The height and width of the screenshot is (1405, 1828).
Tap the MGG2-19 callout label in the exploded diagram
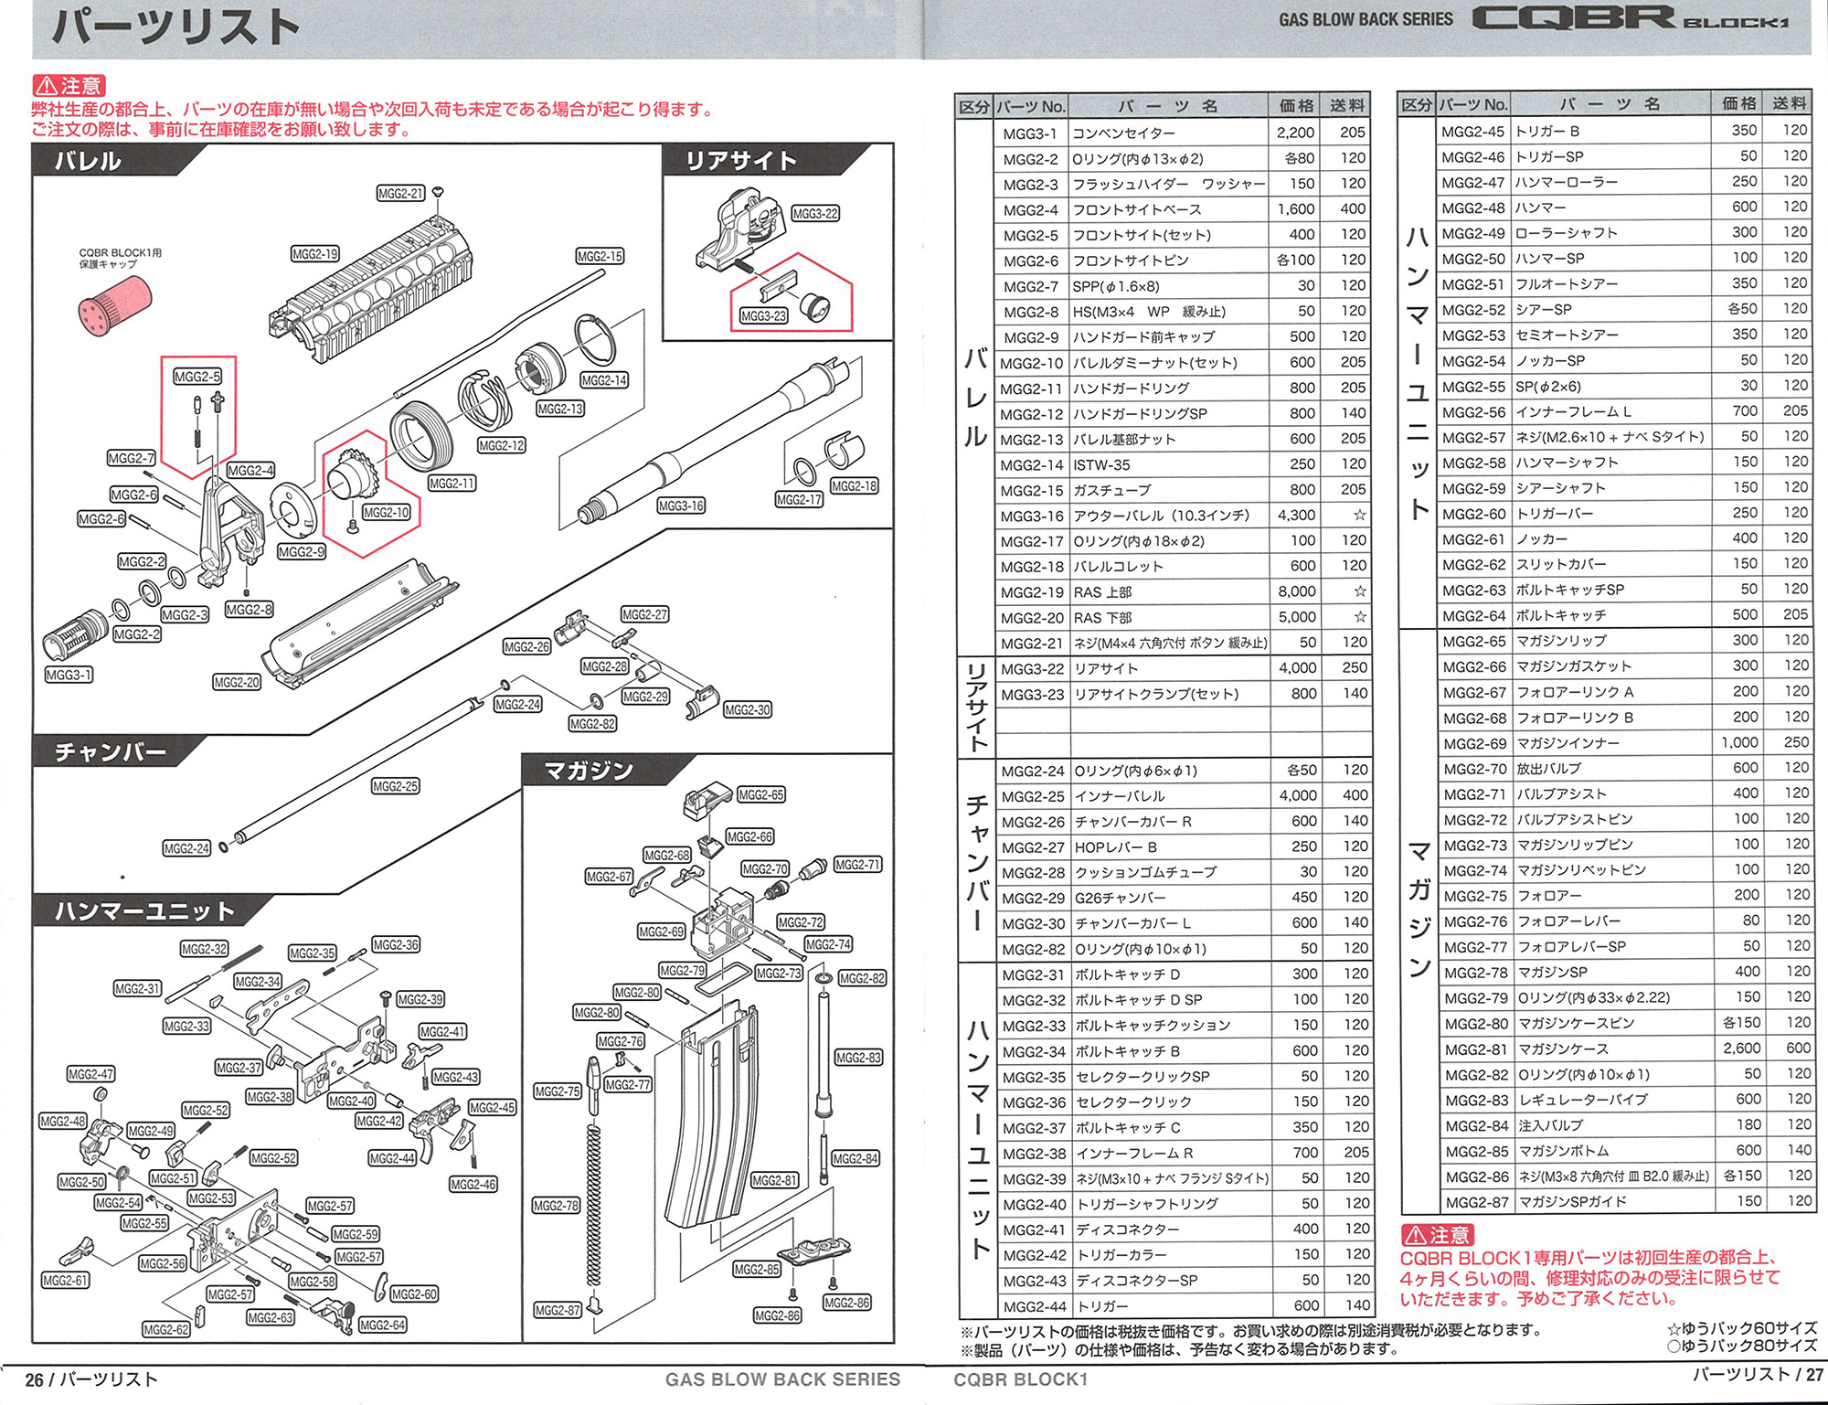click(x=314, y=253)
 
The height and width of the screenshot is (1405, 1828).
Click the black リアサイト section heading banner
click(x=741, y=161)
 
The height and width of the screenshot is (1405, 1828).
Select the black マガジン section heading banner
click(x=590, y=771)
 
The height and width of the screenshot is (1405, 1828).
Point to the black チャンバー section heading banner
click(x=111, y=751)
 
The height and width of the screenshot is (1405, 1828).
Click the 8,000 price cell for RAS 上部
click(x=1296, y=591)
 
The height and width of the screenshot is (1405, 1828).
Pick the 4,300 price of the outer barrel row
click(x=1296, y=515)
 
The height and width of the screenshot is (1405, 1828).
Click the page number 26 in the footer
click(x=34, y=1379)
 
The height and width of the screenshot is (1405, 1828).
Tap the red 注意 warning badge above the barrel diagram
click(x=69, y=86)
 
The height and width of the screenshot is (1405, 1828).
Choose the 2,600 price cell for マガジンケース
click(x=1741, y=1048)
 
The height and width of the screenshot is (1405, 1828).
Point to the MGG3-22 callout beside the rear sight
click(x=814, y=214)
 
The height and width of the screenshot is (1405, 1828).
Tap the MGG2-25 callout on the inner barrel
click(x=395, y=786)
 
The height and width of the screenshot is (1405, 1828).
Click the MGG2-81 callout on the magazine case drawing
click(x=774, y=1180)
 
